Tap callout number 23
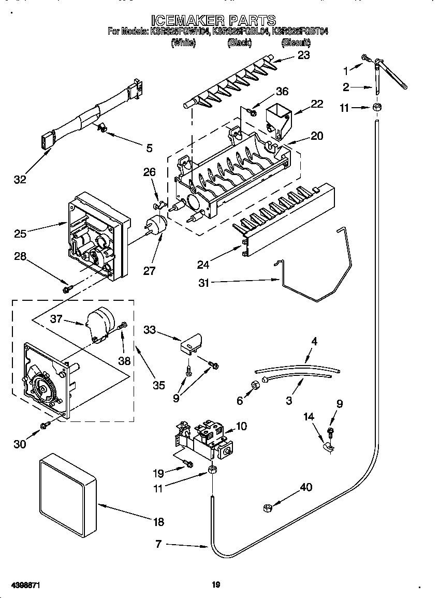click(x=303, y=55)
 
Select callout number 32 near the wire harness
click(x=20, y=180)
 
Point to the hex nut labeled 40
click(x=268, y=509)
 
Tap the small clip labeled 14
click(x=328, y=444)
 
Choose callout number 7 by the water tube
click(x=158, y=544)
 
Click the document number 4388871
click(x=22, y=585)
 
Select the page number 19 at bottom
click(x=216, y=585)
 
